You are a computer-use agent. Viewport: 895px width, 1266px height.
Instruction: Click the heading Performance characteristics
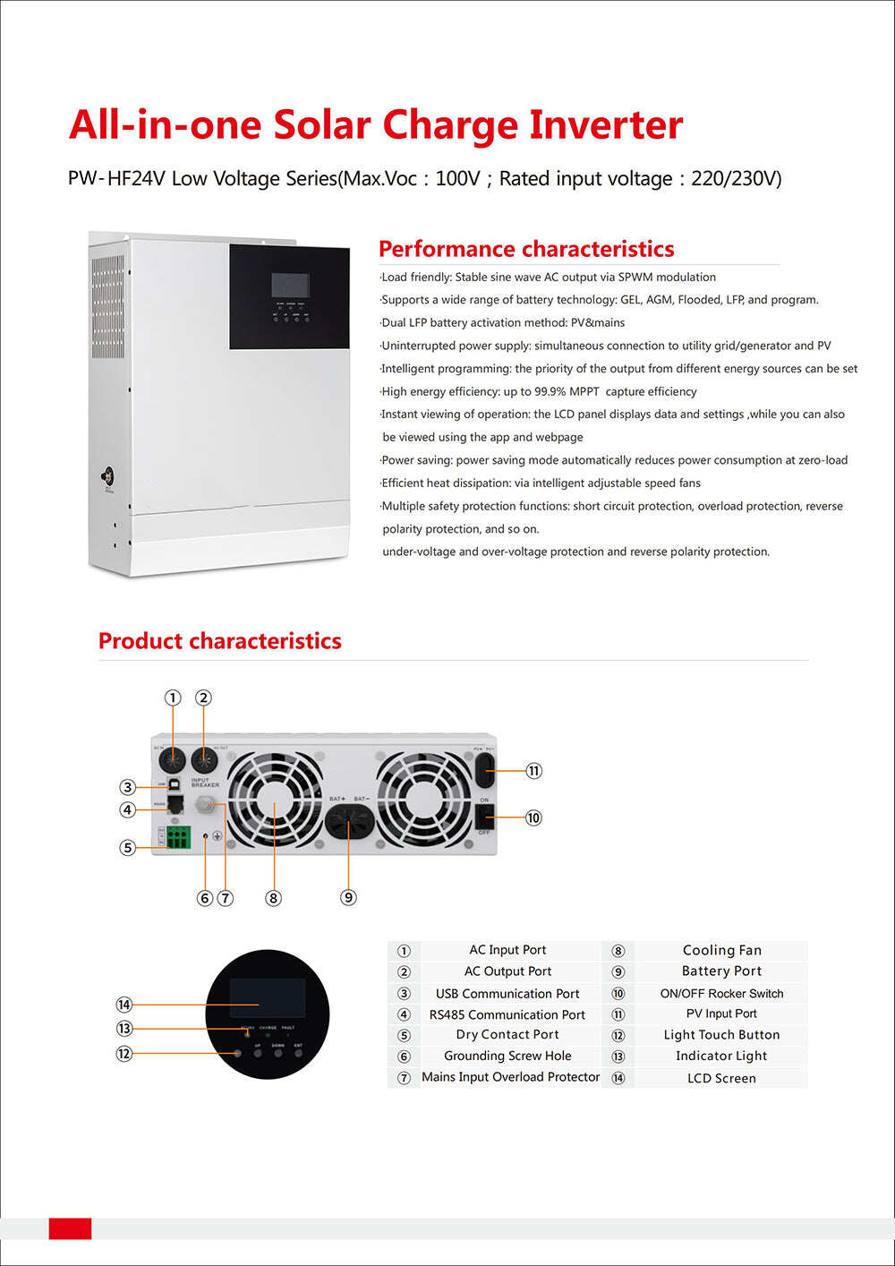click(526, 249)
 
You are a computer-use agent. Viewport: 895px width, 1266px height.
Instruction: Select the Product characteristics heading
click(220, 641)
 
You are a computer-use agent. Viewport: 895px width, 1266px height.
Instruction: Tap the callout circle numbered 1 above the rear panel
click(173, 697)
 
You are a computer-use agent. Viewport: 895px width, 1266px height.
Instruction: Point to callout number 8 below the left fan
click(274, 898)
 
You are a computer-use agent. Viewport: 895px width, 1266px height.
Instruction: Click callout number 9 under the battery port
click(349, 897)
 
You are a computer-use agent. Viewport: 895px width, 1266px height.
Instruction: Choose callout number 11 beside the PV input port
click(534, 771)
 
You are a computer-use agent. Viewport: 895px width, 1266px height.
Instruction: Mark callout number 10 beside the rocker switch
click(533, 817)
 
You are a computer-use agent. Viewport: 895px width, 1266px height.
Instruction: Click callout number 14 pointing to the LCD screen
click(124, 1005)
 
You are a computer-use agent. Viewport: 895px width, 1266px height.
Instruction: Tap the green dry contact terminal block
click(178, 838)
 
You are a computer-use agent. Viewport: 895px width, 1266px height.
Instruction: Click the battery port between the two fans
click(349, 821)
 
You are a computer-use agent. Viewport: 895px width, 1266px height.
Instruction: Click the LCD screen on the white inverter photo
click(291, 286)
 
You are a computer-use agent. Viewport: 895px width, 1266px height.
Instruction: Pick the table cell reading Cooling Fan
click(721, 950)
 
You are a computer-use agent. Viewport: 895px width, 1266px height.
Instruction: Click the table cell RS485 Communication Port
click(507, 1014)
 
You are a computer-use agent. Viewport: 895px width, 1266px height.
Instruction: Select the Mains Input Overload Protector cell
click(510, 1077)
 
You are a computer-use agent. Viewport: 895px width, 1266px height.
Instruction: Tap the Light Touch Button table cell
click(721, 1035)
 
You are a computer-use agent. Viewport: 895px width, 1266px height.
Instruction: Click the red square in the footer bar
click(70, 1228)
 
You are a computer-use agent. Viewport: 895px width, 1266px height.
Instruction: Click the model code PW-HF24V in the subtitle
click(116, 178)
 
